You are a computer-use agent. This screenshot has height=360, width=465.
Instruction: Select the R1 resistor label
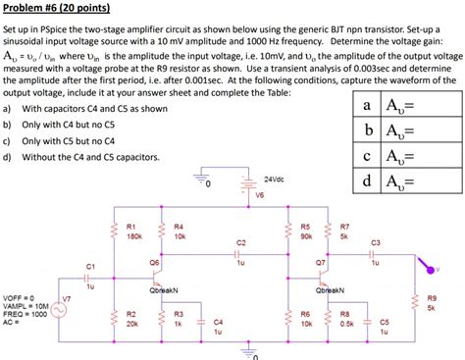point(130,227)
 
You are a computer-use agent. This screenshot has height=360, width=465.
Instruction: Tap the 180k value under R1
point(133,236)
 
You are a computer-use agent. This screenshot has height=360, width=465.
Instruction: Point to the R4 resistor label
point(179,227)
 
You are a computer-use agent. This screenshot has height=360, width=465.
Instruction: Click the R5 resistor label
point(306,227)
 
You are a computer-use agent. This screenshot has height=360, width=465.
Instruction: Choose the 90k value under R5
point(306,236)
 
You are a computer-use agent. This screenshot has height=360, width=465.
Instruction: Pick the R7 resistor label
point(344,227)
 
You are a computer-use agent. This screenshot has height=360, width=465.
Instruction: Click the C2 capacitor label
point(241,241)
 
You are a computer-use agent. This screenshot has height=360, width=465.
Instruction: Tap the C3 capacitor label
point(376,242)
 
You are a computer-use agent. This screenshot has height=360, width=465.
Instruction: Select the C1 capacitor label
point(90,267)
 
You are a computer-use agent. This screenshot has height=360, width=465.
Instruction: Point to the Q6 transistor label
point(154,263)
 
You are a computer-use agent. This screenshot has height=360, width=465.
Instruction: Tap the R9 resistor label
point(432,296)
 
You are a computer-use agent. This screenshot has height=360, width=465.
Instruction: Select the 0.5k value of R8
point(345,323)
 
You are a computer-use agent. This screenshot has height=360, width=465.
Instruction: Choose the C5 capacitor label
point(385,322)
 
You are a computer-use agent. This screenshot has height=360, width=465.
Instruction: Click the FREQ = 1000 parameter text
point(26,313)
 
